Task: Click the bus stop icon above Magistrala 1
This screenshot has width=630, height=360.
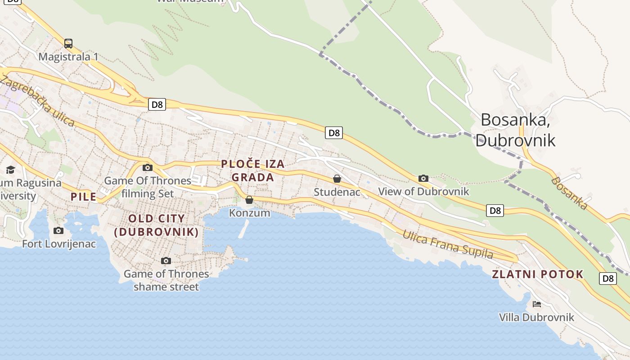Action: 68,44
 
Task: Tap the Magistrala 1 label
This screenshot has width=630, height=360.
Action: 68,57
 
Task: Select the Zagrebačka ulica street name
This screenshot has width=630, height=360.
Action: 38,101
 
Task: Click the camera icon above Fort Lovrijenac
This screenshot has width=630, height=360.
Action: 58,230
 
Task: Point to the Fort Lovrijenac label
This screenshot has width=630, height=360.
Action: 59,244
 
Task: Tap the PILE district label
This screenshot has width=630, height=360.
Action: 84,197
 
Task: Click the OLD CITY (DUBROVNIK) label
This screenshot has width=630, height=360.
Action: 157,225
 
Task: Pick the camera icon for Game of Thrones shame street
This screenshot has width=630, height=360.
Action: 166,261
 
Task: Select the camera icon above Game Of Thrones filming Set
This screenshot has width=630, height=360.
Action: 147,168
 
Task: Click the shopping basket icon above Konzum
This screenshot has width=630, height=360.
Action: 249,200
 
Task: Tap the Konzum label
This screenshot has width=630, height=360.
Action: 250,213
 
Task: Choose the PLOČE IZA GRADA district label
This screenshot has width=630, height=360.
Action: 253,171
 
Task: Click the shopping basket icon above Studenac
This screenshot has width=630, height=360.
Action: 337,179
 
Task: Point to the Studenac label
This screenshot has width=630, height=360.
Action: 337,192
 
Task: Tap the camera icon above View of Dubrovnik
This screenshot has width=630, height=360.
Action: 423,178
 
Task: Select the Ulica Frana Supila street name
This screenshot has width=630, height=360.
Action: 447,244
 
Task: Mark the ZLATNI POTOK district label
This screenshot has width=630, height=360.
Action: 538,274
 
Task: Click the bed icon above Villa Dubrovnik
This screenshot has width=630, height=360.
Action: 536,304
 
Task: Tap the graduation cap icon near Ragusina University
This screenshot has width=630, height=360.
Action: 10,170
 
